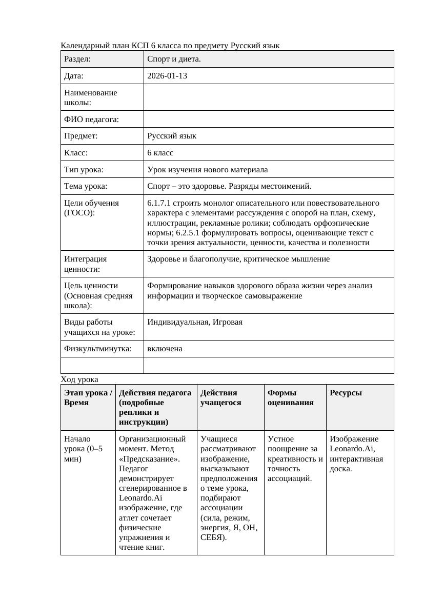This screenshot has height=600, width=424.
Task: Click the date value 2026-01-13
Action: point(167,76)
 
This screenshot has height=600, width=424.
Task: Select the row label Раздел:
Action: point(77,59)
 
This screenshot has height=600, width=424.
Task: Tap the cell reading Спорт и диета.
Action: point(174,59)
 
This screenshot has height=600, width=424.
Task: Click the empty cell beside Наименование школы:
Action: point(269,97)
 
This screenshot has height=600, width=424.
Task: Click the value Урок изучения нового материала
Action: point(207,169)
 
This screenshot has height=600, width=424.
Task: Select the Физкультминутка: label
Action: point(98,349)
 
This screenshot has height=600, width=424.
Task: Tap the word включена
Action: point(165,349)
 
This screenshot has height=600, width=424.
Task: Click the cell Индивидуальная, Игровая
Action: point(195,322)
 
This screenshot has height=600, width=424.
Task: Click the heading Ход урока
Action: point(79,379)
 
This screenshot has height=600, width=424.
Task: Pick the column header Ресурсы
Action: point(346,393)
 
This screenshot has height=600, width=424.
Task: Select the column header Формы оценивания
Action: point(289,397)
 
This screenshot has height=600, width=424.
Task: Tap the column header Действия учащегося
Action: point(219,397)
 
